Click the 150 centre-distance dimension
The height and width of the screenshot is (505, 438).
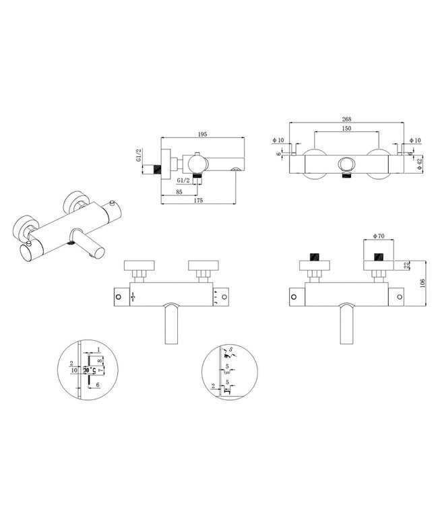point(347,129)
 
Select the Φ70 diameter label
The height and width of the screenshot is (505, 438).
point(379,236)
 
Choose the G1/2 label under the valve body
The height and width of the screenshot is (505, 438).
point(183,181)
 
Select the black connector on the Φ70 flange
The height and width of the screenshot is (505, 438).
point(378,257)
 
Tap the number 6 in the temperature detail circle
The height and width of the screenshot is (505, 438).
point(98,384)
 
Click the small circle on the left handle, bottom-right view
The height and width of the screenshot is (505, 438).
point(293,296)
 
